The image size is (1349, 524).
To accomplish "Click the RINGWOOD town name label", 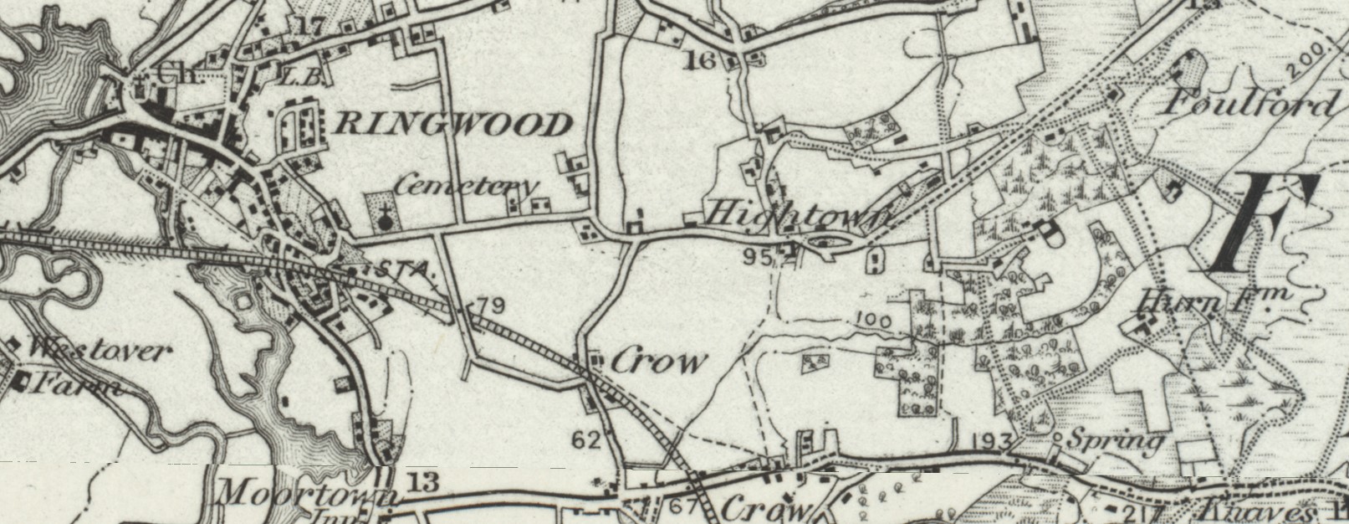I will (452, 126).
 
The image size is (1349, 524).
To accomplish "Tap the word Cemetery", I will (465, 185).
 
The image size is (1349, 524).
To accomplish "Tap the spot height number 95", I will (756, 256).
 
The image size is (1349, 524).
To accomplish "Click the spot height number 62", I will (586, 439).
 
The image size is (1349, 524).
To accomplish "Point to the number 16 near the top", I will (700, 60).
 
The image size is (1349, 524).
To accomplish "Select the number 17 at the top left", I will (309, 26).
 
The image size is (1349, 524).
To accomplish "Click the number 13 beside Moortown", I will (424, 481).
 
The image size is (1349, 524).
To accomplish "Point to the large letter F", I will (1263, 223).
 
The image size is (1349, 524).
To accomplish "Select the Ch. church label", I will (176, 74).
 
